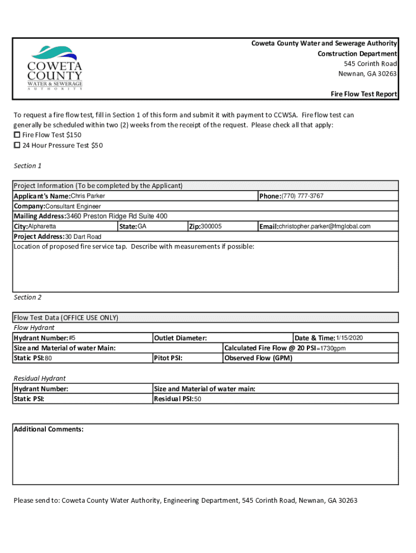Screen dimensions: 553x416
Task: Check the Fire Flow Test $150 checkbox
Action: coord(17,135)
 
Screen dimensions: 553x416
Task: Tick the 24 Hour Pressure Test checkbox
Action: coord(17,145)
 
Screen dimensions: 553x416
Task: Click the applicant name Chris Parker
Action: coord(88,196)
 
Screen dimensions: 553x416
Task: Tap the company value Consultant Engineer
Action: coord(73,206)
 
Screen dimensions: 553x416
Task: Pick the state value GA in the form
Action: coord(142,227)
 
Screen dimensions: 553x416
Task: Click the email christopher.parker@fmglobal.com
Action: coord(324,227)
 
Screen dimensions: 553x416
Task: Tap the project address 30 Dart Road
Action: coord(83,237)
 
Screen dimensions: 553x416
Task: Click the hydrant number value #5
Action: coord(72,338)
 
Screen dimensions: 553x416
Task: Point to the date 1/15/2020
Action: coord(350,338)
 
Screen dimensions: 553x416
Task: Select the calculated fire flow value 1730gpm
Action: coord(331,348)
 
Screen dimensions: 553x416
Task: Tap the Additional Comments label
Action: coord(49,429)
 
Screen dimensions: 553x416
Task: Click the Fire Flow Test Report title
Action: coord(364,94)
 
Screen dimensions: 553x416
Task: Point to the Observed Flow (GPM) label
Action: coord(258,358)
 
